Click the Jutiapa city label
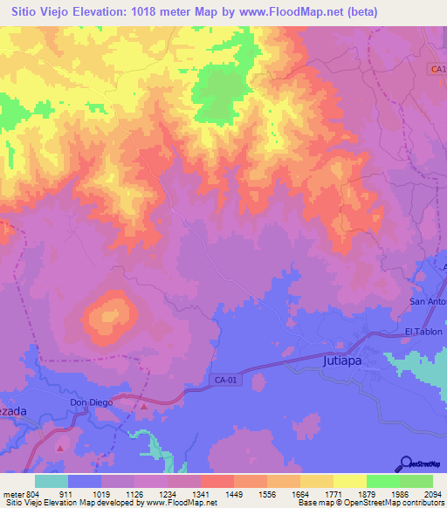[x=342, y=360]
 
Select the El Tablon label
[x=423, y=332]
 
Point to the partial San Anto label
[x=428, y=302]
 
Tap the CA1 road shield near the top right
[x=437, y=68]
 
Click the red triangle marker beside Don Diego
[x=145, y=405]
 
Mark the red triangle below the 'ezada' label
[x=59, y=447]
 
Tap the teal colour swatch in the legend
[x=52, y=481]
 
